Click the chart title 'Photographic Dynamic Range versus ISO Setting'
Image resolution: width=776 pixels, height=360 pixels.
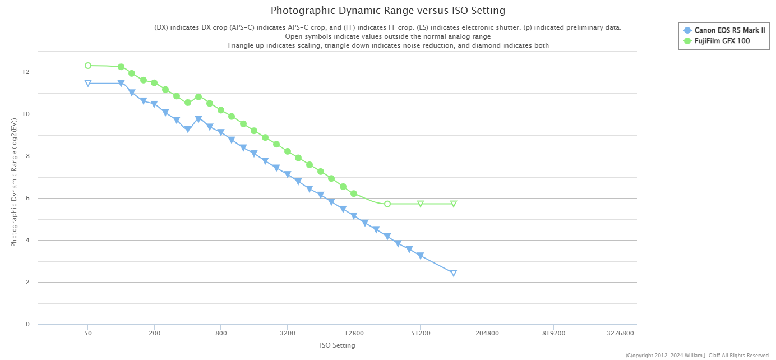tap(387, 11)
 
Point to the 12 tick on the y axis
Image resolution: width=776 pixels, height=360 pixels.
tap(26, 72)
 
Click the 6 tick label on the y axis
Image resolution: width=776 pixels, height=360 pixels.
tap(26, 199)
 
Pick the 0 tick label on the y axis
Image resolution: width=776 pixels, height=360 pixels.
tap(26, 324)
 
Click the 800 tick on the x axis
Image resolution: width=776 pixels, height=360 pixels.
tap(221, 333)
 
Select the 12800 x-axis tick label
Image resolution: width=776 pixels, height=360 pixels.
tap(354, 333)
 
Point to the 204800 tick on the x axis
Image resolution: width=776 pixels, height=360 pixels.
tap(487, 333)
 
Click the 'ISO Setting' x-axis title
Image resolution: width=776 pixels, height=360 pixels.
tap(337, 345)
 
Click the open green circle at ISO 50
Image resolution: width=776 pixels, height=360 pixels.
tap(88, 66)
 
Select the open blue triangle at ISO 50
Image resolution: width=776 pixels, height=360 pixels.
tap(88, 84)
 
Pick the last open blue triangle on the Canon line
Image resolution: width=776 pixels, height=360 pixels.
tap(454, 273)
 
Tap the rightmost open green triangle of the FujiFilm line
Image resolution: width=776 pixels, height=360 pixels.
tap(454, 204)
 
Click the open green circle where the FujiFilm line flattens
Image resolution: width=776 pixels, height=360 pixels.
tap(387, 204)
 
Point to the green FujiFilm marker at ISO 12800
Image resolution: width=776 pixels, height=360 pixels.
tap(354, 193)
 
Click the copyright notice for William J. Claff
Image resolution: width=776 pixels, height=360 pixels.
tap(698, 355)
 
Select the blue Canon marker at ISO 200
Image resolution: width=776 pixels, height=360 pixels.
tap(154, 104)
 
